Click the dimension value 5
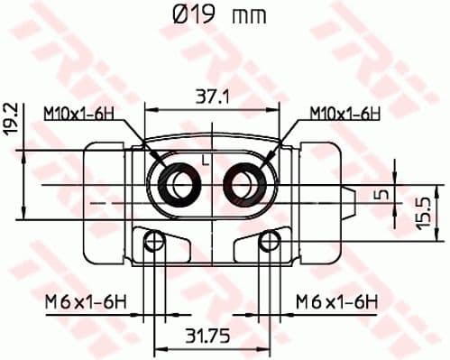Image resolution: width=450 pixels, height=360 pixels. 382,194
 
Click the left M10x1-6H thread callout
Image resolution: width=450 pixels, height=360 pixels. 80,113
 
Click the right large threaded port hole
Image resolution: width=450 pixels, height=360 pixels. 246,185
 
